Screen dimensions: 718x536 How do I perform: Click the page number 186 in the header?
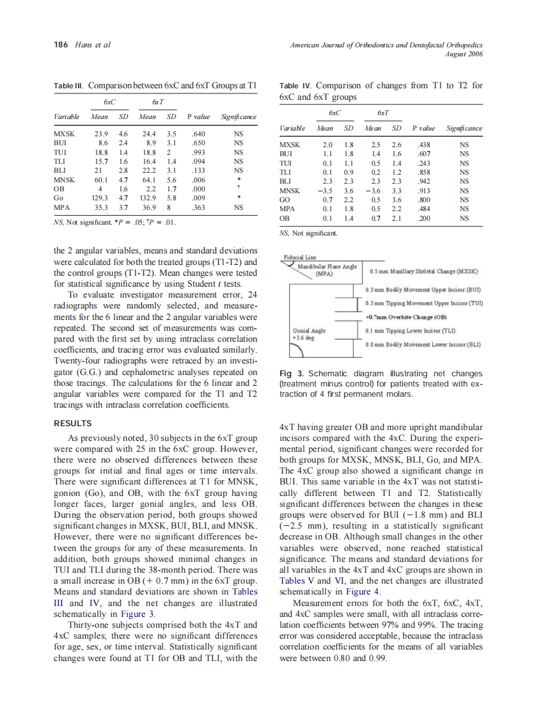[x=61, y=45]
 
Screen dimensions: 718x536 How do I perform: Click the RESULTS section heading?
[x=72, y=423]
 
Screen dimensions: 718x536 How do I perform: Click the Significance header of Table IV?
[x=464, y=128]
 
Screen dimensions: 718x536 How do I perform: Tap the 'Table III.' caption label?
[x=68, y=85]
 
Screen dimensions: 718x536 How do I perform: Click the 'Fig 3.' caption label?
[x=292, y=374]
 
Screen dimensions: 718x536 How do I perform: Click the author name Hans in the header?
[x=84, y=45]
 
